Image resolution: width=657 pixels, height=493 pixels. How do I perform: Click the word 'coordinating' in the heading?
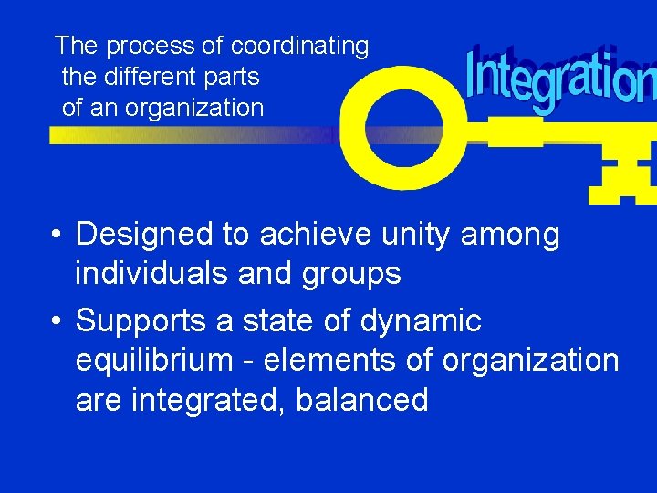[299, 46]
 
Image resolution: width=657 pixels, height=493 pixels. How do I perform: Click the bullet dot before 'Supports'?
[57, 322]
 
